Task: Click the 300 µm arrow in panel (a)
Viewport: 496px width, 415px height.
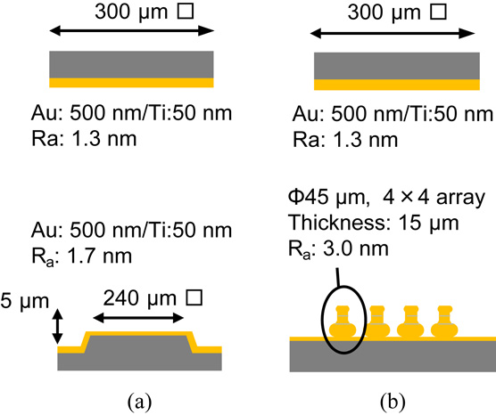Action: click(x=130, y=31)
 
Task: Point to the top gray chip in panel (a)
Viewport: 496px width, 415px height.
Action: click(x=131, y=64)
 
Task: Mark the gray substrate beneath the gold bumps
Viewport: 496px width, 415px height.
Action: click(x=393, y=355)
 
